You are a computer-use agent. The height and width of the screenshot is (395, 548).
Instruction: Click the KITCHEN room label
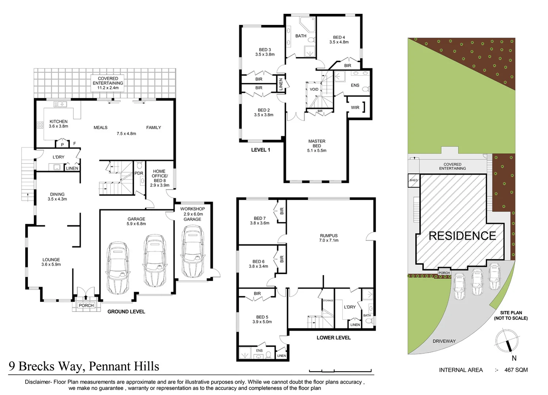[58, 121]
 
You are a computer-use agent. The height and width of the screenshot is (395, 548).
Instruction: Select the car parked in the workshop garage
[192, 252]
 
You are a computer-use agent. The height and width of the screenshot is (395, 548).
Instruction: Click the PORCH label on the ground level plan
[86, 305]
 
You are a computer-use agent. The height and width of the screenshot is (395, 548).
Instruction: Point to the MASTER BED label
[317, 143]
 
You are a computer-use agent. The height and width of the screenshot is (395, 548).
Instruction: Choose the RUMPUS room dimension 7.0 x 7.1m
[329, 240]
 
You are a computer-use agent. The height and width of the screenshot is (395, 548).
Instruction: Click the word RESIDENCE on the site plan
[462, 236]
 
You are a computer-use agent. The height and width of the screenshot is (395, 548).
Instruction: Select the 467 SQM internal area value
[516, 370]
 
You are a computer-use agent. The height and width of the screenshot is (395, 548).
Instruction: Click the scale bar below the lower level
[340, 370]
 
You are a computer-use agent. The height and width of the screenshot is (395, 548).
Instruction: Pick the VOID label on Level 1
[314, 89]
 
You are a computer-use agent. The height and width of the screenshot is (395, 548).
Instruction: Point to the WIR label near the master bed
[355, 108]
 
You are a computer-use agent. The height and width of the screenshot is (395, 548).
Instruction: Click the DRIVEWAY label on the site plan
[444, 341]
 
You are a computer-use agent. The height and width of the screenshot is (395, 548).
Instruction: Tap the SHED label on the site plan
[413, 180]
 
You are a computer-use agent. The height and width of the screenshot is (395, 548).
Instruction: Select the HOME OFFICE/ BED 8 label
[159, 176]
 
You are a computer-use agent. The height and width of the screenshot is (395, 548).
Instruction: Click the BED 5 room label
[262, 317]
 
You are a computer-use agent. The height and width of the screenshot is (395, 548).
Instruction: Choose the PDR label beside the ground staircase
[139, 173]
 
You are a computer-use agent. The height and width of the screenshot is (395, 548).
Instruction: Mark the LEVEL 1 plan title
[260, 150]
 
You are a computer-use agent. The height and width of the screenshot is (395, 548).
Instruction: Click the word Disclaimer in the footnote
[38, 382]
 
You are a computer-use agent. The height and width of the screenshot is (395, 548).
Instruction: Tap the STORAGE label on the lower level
[328, 301]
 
